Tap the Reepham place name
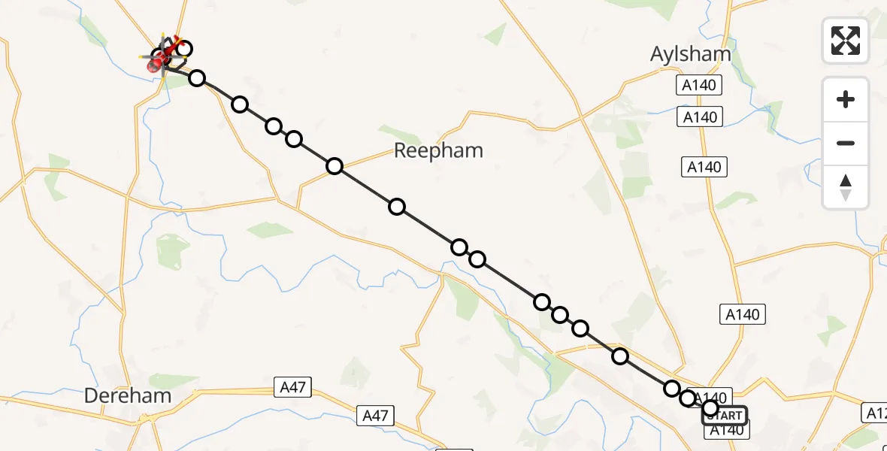438,150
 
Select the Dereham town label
127,395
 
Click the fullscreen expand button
846,41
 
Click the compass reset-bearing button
846,188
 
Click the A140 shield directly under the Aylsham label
699,86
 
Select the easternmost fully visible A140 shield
743,314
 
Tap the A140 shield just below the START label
726,430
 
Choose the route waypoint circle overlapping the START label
710,408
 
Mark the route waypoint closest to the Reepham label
335,166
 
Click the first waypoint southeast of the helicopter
197,78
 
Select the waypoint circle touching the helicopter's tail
183,50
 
